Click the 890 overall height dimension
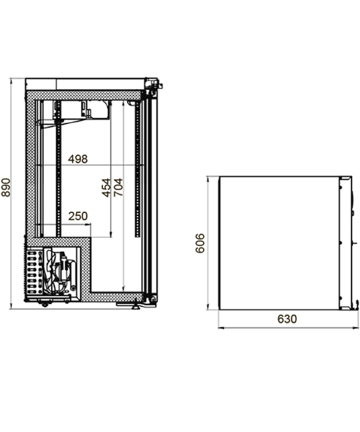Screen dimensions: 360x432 coord(6,188)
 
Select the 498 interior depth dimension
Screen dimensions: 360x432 coord(78,159)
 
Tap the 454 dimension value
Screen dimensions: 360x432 coord(107,188)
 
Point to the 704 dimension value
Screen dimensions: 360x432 coord(118,187)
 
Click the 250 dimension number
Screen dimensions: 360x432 coord(78,216)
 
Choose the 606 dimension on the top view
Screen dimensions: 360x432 coord(199,243)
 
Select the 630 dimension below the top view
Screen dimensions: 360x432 coord(287,319)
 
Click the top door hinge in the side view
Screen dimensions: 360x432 coord(153,84)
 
